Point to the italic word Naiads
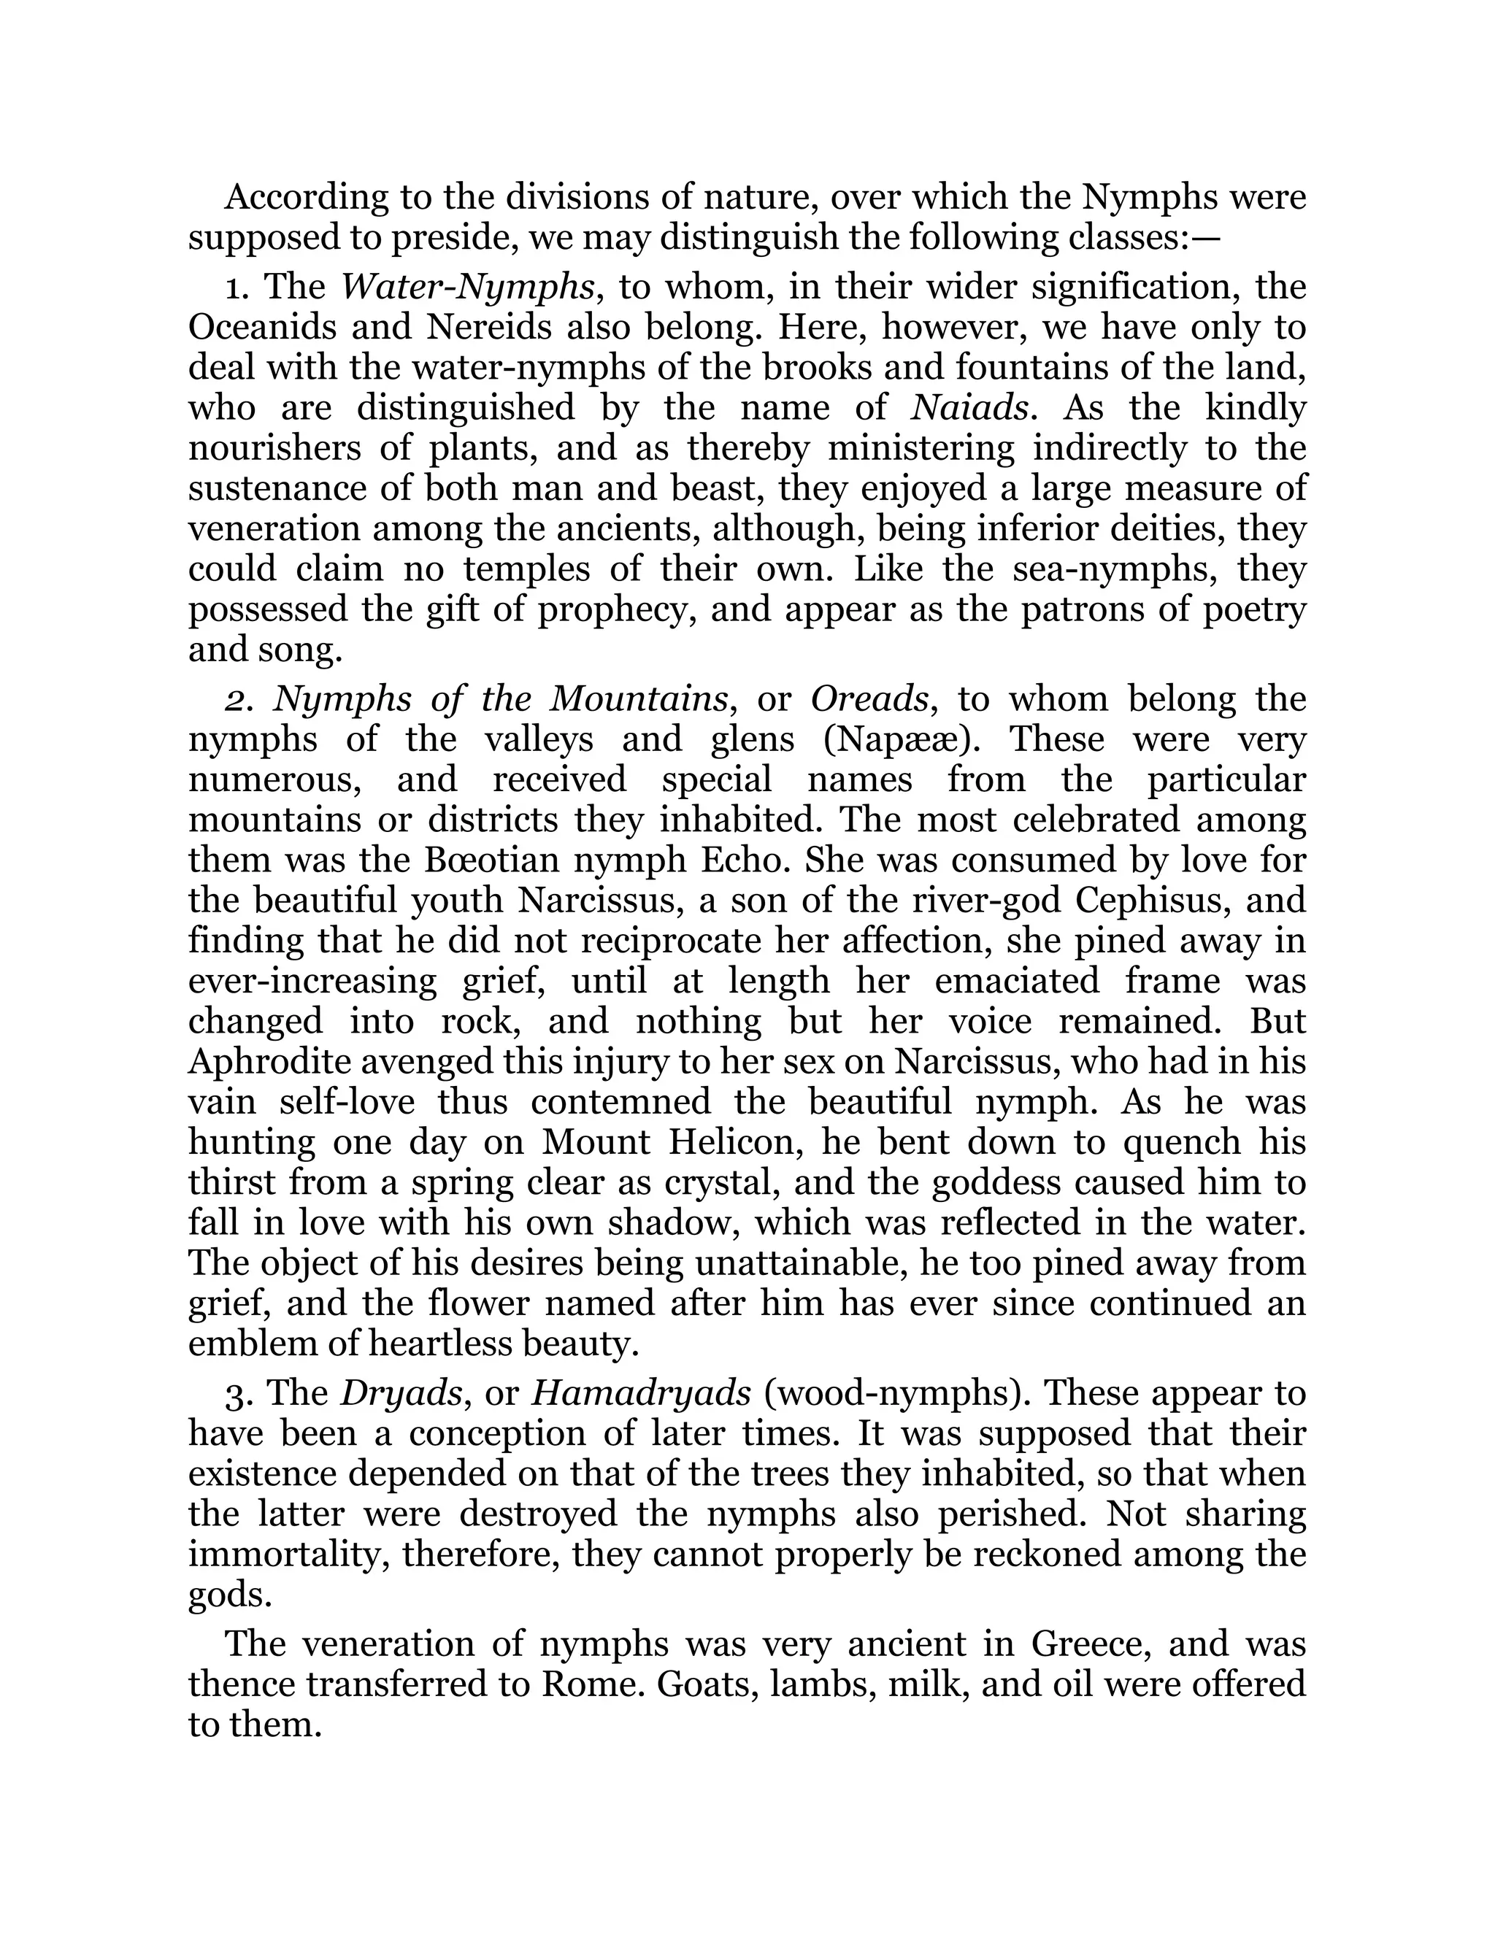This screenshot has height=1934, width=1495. (970, 408)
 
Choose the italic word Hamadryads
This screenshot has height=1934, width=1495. (640, 1394)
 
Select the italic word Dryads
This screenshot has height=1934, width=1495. (403, 1394)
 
